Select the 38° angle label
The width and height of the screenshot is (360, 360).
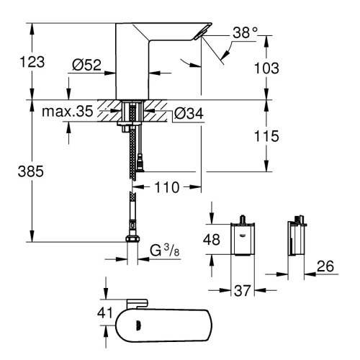[245, 33]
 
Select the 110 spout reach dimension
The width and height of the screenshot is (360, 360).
[168, 187]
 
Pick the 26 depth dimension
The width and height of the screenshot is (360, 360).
[326, 266]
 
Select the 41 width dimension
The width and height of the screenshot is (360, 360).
[105, 313]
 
